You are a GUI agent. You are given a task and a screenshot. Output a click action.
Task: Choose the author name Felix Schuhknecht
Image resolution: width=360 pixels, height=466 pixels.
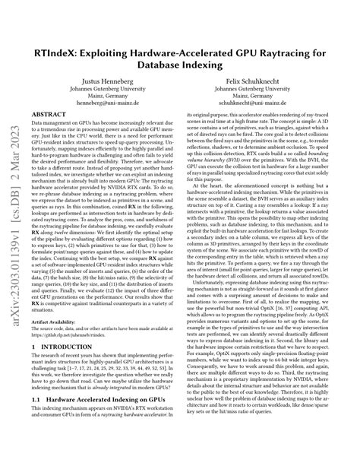point(269,79)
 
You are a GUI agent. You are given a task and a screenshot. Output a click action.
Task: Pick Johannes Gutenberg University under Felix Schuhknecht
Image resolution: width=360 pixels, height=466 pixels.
point(269,88)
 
